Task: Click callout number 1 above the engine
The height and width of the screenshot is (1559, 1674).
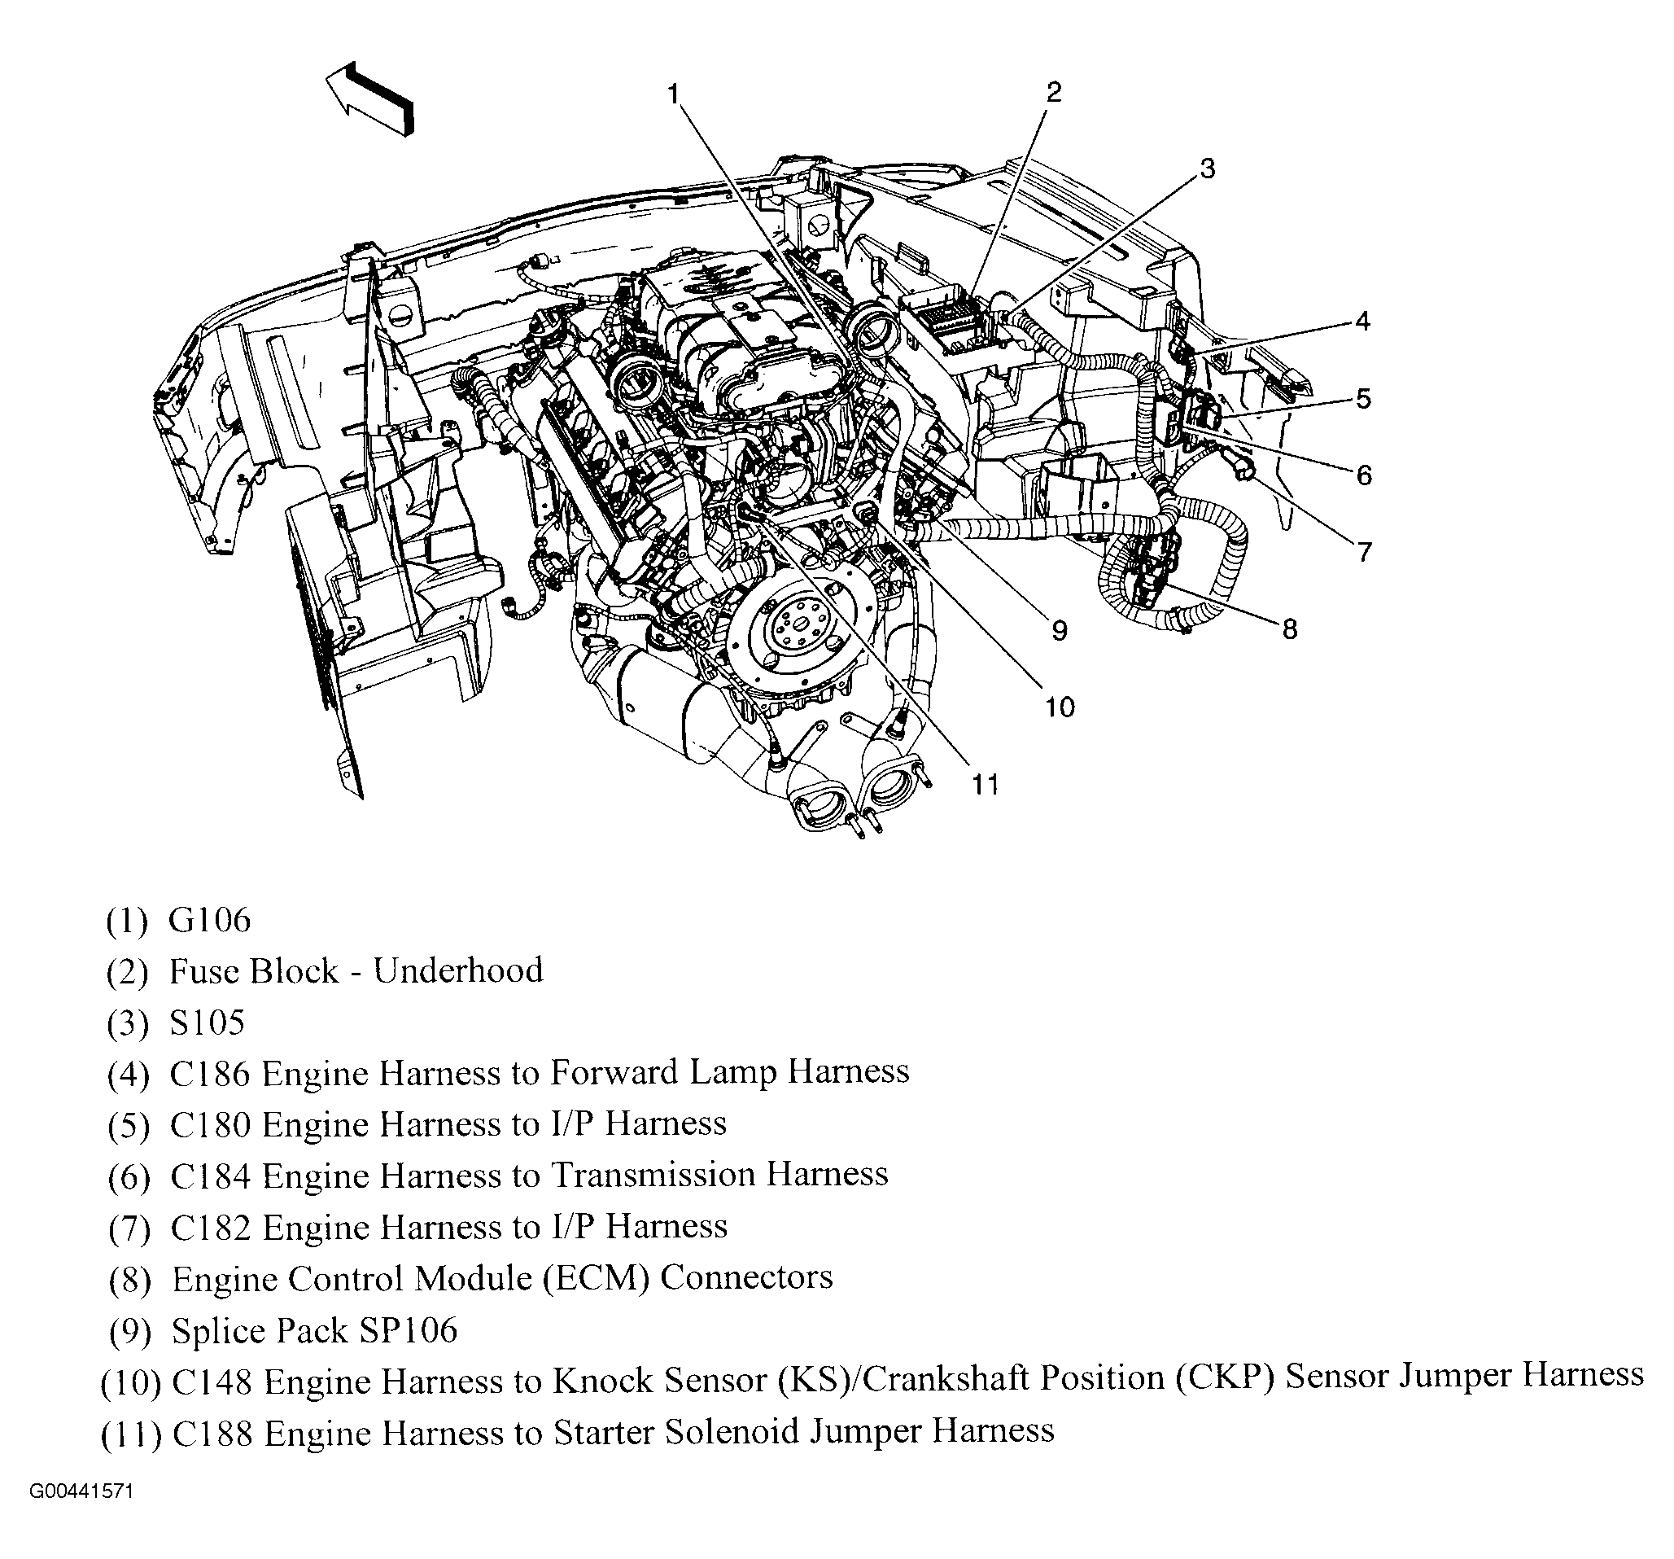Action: (674, 94)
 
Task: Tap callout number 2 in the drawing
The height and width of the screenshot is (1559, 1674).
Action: (1054, 92)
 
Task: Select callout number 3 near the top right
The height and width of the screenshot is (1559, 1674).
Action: (1207, 169)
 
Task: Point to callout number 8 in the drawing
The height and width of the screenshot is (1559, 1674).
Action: (1289, 629)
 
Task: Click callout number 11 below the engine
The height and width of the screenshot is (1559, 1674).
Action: (986, 784)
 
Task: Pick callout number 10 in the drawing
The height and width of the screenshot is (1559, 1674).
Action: (1060, 707)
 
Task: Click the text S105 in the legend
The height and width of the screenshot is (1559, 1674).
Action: (208, 1023)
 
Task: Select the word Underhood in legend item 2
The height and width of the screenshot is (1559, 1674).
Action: (458, 970)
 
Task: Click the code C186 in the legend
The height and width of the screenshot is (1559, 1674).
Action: (211, 1073)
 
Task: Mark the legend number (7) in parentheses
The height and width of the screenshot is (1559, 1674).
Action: (129, 1228)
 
